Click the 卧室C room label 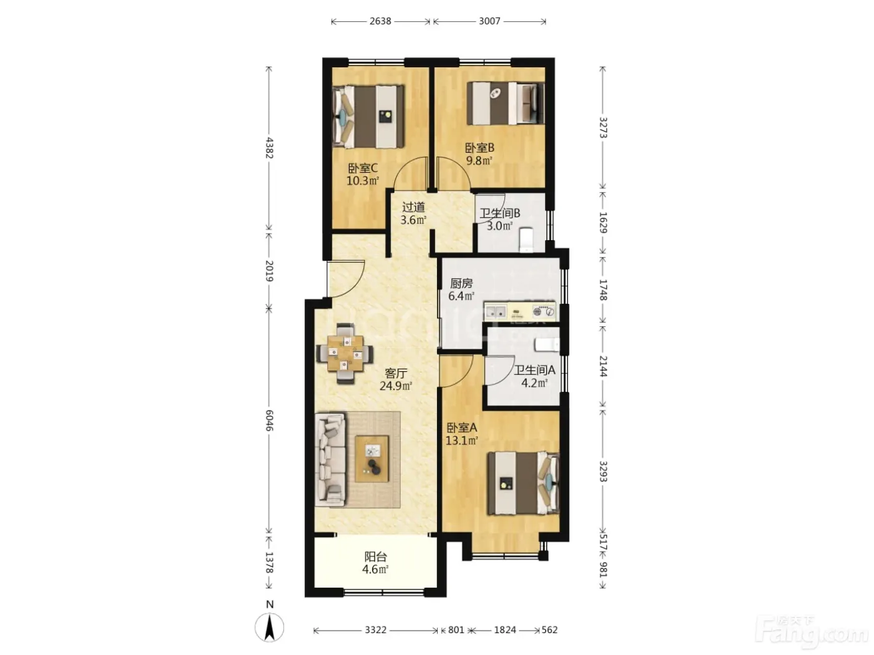[363, 168]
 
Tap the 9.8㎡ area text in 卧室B [479, 161]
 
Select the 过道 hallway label [413, 207]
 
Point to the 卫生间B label [499, 213]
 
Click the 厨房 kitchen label [461, 283]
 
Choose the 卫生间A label [534, 371]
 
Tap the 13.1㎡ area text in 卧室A [461, 440]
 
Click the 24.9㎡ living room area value [395, 386]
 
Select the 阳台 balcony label [375, 556]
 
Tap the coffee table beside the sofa [372, 459]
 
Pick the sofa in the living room [330, 460]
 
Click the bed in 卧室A [524, 483]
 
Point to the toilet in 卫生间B [526, 240]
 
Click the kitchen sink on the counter [496, 311]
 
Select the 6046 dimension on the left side [269, 420]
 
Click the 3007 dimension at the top [489, 21]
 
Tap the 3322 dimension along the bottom [375, 630]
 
